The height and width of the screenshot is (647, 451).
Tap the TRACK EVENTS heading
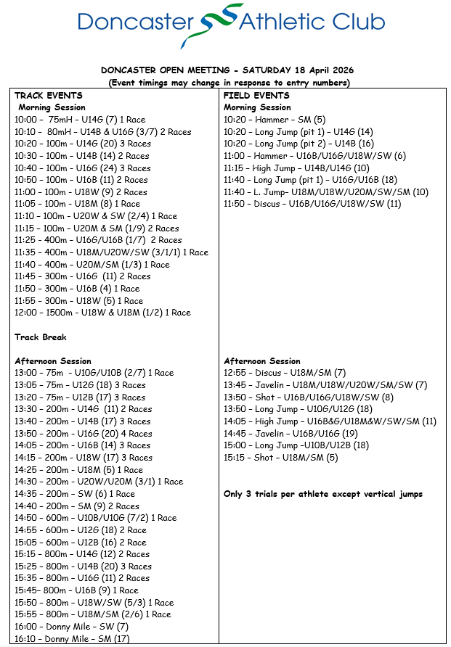49,95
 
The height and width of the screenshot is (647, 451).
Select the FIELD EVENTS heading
257,95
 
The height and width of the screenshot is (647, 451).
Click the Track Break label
41,337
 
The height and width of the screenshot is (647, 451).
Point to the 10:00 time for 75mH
26,120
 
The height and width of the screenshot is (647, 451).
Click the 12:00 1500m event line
102,313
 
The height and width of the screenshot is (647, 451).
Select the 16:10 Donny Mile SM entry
72,638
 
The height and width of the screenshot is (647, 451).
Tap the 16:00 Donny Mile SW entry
71,626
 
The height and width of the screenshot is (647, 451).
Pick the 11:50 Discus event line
312,204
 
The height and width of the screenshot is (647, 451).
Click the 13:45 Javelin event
325,384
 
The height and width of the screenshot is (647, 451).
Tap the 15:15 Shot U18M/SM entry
280,457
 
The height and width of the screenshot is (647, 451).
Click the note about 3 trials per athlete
323,494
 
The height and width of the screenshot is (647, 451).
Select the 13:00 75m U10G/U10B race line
94,373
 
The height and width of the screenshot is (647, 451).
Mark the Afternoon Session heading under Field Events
262,360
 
